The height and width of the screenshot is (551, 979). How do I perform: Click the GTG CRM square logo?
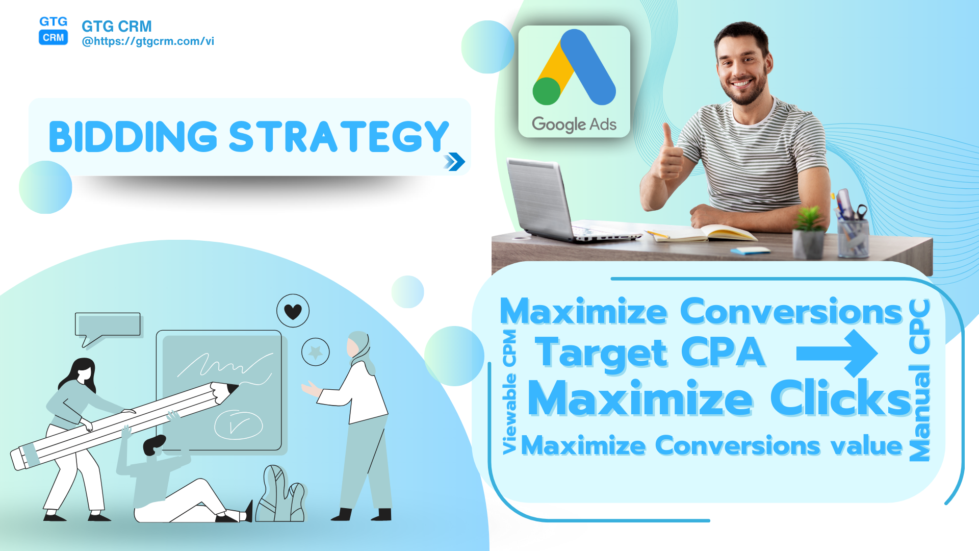(54, 30)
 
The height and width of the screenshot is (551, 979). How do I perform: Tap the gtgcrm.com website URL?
(148, 41)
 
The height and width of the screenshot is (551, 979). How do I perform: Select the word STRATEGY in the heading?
(339, 137)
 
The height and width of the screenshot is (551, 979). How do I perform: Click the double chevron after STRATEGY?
(454, 162)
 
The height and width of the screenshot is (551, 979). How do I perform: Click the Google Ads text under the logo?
(574, 124)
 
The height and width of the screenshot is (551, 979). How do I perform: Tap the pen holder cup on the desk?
(853, 237)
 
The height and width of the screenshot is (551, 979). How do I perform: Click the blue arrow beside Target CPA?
(837, 353)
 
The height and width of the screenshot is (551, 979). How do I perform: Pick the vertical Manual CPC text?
(920, 380)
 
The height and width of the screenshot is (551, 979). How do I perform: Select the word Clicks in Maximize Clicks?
(841, 398)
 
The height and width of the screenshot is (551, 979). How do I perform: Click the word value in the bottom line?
(867, 446)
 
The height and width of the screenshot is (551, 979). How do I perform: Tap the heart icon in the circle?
(293, 311)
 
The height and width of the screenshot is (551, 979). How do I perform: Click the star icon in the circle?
(316, 352)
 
